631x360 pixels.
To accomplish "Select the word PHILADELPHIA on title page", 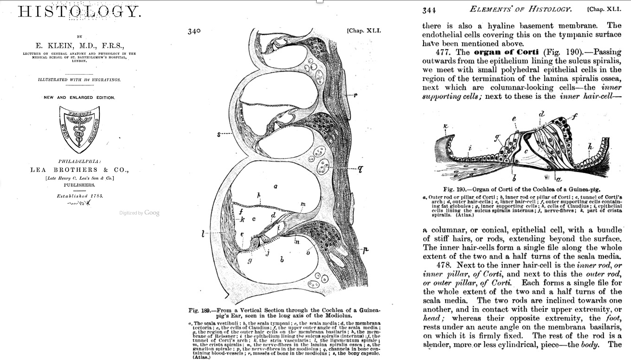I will click(x=79, y=161).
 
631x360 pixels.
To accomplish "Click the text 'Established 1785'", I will click(x=80, y=196).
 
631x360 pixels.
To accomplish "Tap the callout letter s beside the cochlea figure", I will click(x=219, y=134).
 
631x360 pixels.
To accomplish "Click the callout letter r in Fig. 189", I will click(x=355, y=95).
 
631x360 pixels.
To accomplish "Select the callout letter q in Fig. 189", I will click(x=360, y=170).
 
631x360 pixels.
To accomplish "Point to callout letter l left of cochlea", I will click(x=203, y=235).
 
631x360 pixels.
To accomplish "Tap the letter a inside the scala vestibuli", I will click(x=276, y=187).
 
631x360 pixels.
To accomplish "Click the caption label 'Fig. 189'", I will click(x=199, y=311).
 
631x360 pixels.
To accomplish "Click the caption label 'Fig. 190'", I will click(x=454, y=190).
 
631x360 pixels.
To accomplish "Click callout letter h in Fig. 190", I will click(x=590, y=147).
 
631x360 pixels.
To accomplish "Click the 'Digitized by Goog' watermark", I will click(x=139, y=213).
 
